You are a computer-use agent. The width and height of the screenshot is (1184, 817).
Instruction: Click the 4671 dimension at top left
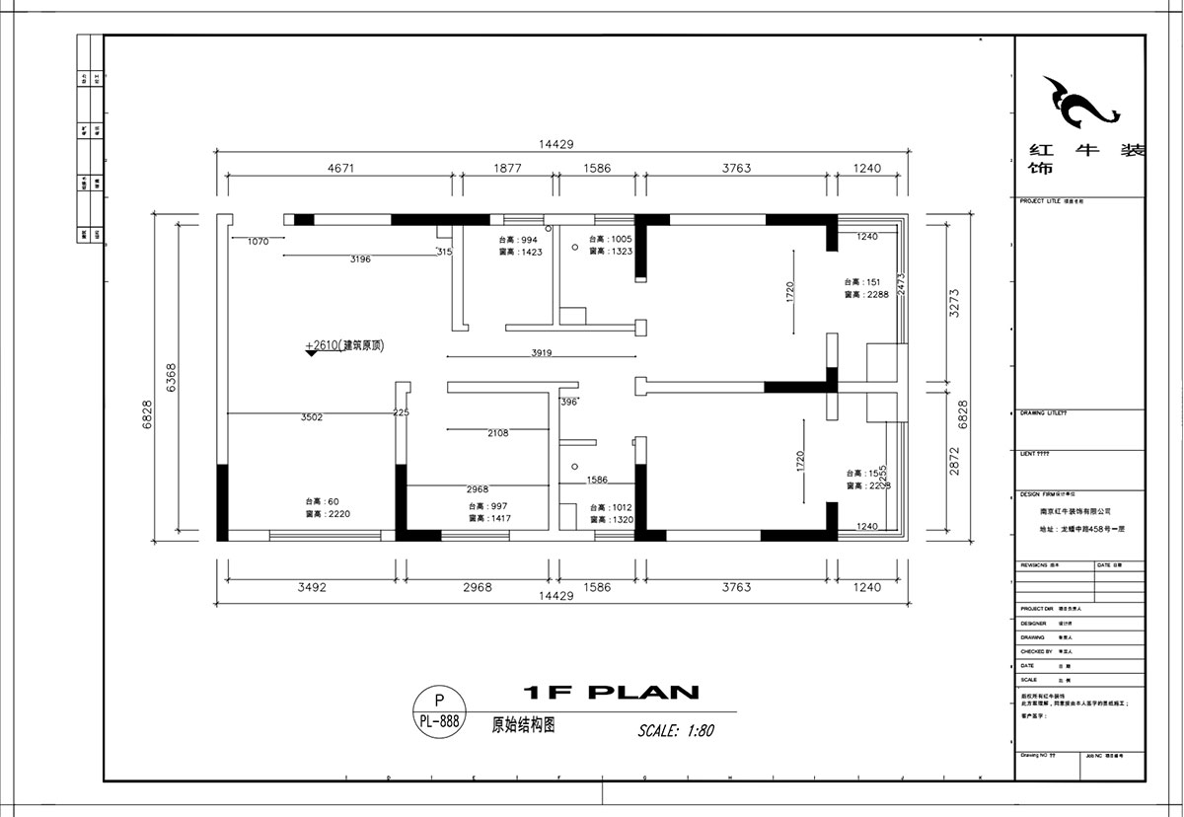coord(341,168)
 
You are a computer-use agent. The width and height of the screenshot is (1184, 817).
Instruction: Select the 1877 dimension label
coord(506,168)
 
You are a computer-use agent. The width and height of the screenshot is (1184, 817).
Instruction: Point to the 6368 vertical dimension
coord(170,375)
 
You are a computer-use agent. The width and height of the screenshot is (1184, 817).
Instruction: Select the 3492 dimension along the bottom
coord(312,587)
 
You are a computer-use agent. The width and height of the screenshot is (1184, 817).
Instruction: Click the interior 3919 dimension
coord(541,352)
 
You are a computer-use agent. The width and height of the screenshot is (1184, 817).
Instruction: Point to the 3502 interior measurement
coord(313,417)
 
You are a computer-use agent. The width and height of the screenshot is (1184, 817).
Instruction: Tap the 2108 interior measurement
coord(498,433)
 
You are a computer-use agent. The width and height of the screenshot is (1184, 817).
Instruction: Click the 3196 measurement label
coord(360,260)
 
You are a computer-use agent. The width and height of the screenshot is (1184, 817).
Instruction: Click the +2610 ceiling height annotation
coord(344,345)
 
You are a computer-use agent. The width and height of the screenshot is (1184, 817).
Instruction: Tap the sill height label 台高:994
coord(517,240)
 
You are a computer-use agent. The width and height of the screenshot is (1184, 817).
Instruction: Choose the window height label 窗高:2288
coord(867,294)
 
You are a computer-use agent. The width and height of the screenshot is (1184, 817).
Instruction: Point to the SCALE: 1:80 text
coord(676,731)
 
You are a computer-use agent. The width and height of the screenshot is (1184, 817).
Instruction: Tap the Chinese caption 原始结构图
coord(524,724)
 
